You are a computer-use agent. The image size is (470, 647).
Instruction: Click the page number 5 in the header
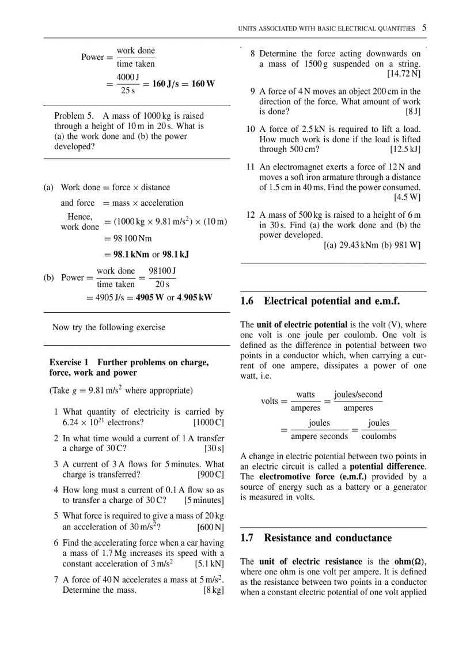tap(424, 28)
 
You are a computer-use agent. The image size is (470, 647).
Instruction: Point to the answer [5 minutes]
tap(204, 500)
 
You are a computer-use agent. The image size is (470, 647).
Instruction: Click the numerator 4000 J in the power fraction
tap(128, 77)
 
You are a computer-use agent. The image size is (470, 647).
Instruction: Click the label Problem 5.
tap(76, 116)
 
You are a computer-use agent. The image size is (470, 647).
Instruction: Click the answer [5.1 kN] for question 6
tap(209, 563)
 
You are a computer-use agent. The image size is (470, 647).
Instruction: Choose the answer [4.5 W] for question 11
tap(407, 198)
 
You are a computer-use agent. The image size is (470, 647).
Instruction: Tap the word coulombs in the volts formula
tap(378, 436)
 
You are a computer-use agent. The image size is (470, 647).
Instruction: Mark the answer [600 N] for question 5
tap(210, 527)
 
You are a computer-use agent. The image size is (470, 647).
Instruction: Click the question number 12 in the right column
tap(251, 214)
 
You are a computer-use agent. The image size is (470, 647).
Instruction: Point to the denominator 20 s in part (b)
tap(162, 284)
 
